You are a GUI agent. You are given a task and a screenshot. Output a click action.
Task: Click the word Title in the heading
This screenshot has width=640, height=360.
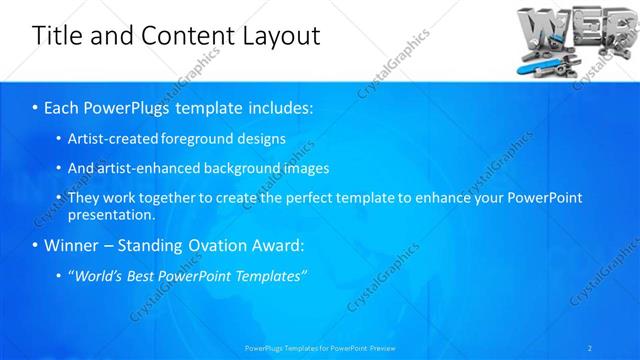(x=59, y=36)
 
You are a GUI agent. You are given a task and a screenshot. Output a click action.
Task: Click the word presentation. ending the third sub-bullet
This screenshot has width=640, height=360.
(x=111, y=214)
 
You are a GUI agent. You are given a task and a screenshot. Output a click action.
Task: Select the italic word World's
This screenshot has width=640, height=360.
(x=100, y=276)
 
